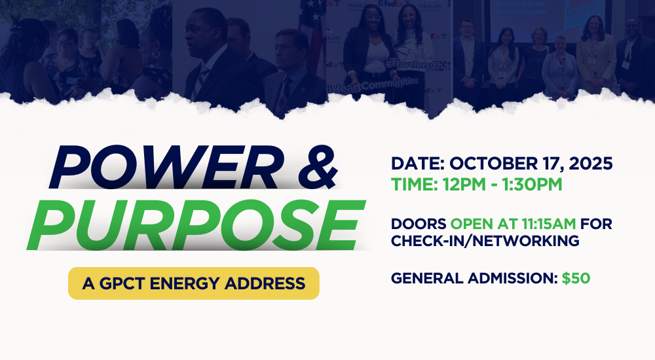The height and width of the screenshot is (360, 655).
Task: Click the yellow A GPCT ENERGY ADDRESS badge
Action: (x=193, y=283)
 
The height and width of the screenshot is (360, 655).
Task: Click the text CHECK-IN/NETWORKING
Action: (x=485, y=240)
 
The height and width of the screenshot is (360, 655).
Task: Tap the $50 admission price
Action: (x=576, y=278)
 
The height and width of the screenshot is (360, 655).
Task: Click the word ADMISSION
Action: (x=512, y=278)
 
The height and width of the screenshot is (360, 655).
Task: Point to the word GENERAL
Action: (x=425, y=278)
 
